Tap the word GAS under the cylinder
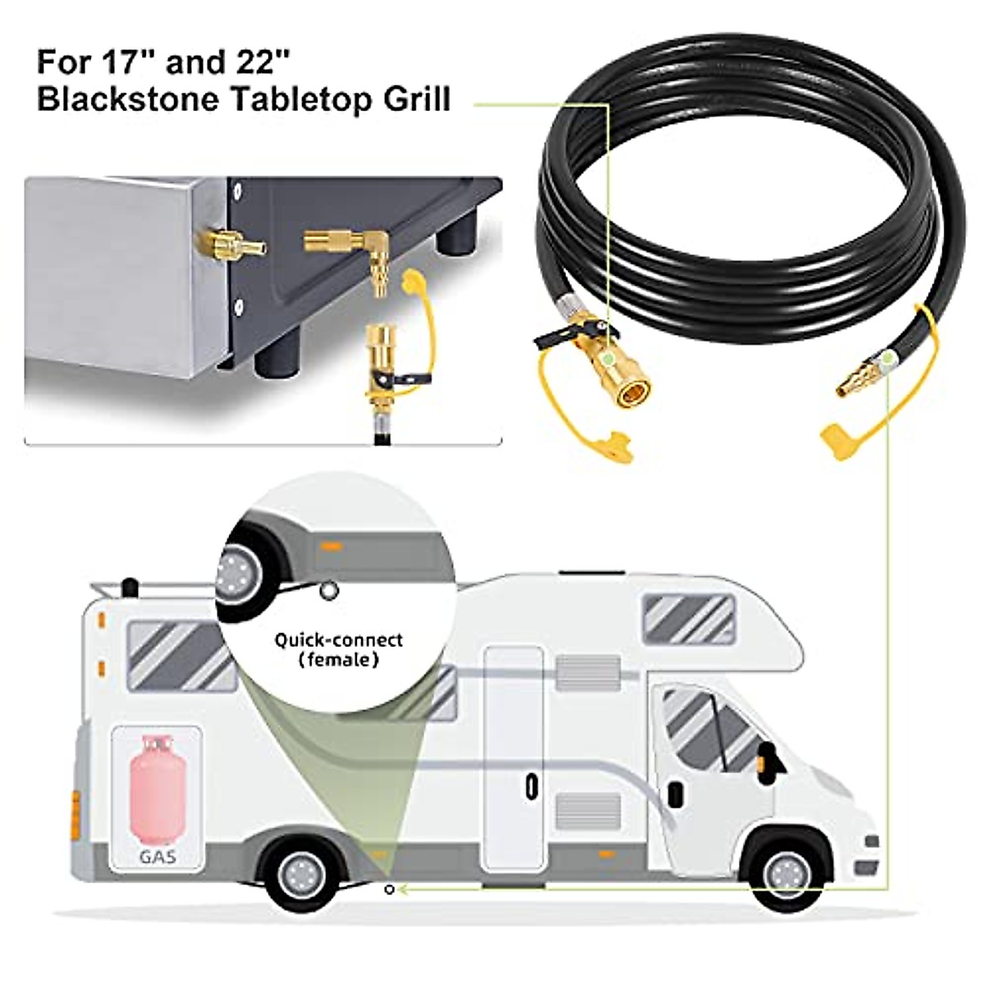tap(156, 857)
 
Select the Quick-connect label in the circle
tap(338, 640)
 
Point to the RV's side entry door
tap(513, 758)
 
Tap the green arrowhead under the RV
tap(410, 888)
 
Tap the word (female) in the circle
tap(338, 660)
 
